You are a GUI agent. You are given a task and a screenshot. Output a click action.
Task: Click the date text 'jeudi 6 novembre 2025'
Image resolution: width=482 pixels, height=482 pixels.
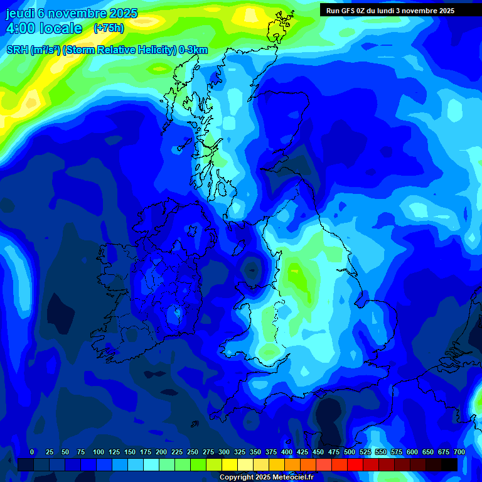pyautogui.click(x=73, y=13)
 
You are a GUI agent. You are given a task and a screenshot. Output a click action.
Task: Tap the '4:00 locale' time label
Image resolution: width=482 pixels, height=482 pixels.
pyautogui.click(x=44, y=28)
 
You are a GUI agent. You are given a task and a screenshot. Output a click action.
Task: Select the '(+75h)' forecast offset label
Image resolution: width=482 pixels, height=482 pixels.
pyautogui.click(x=109, y=28)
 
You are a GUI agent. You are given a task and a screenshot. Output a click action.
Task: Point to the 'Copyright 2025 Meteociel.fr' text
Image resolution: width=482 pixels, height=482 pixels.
pyautogui.click(x=266, y=477)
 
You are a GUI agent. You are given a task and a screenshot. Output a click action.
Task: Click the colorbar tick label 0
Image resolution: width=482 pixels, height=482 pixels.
pyautogui.click(x=32, y=452)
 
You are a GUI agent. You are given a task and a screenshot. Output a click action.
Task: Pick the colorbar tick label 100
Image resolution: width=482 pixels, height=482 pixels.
pyautogui.click(x=99, y=452)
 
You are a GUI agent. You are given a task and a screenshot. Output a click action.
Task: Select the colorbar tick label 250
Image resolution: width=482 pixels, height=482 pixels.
pyautogui.click(x=193, y=452)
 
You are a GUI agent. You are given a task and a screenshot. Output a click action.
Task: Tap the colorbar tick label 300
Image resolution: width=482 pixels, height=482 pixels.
pyautogui.click(x=224, y=452)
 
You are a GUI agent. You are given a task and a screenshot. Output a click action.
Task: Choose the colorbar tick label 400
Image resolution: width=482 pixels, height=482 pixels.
pyautogui.click(x=287, y=452)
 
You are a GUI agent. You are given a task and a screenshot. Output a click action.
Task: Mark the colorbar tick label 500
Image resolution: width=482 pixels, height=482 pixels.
pyautogui.click(x=350, y=452)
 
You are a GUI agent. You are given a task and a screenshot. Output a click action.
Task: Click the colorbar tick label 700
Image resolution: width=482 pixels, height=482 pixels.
pyautogui.click(x=459, y=452)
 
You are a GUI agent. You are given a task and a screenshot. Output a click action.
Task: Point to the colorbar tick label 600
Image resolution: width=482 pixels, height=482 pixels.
pyautogui.click(x=412, y=452)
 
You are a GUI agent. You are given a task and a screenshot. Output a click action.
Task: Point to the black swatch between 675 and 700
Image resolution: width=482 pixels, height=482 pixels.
pyautogui.click(x=449, y=464)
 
